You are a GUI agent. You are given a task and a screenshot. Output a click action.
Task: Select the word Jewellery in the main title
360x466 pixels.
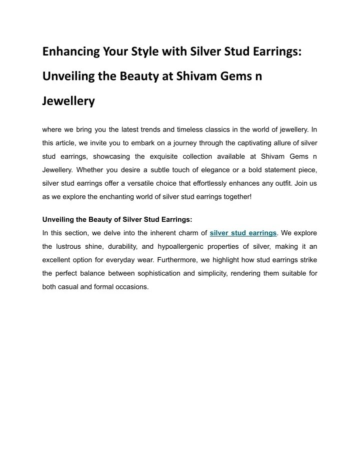point(68,102)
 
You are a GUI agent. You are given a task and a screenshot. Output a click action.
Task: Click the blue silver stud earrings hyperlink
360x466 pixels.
point(243,233)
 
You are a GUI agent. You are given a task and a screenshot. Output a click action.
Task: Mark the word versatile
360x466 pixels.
point(157,183)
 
